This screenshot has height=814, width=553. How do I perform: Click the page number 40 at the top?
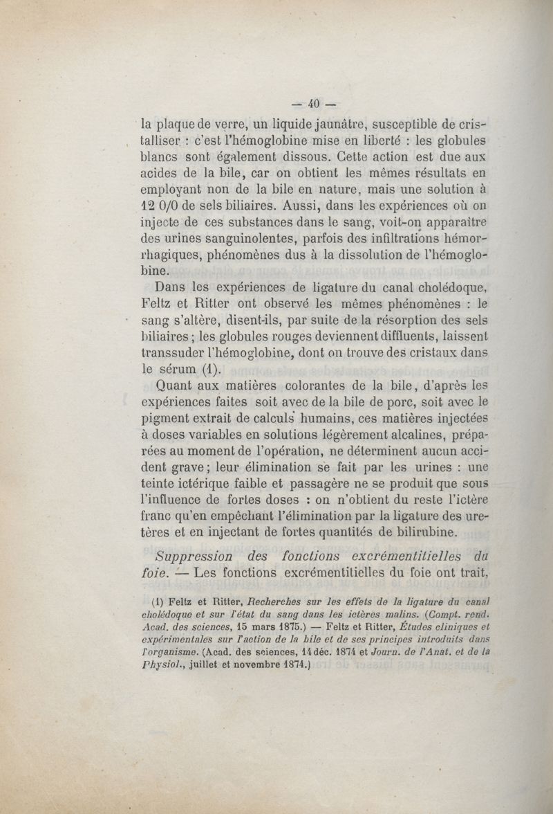point(312,105)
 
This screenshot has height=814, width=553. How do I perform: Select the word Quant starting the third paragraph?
point(178,385)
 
